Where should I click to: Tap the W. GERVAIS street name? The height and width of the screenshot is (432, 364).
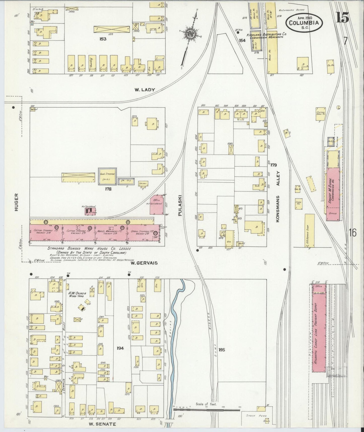coord(144,263)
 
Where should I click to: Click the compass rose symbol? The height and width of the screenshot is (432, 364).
coord(189,34)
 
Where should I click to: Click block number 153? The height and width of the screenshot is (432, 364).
coord(103,39)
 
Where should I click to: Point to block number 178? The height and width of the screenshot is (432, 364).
coord(108,189)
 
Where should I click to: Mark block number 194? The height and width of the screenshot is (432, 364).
coord(120,348)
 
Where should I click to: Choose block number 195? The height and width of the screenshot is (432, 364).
coord(222,350)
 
